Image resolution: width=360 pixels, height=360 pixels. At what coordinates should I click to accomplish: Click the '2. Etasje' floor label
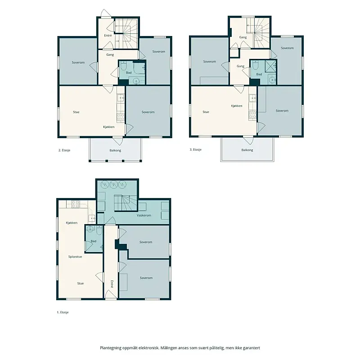(x=64, y=150)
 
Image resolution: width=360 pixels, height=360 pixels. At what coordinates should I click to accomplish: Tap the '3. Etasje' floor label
(x=196, y=150)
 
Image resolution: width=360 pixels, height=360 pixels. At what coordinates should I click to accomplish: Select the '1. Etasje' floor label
(x=63, y=312)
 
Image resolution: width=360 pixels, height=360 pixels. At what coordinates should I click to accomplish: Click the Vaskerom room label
(x=144, y=216)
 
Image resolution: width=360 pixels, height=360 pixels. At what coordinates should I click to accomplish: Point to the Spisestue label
(x=75, y=256)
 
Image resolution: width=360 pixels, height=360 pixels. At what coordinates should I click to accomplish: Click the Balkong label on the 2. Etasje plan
(x=115, y=151)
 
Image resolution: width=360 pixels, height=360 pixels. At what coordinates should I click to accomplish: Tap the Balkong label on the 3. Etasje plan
(x=247, y=150)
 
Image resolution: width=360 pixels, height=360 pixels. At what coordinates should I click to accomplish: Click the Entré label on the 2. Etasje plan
(x=108, y=36)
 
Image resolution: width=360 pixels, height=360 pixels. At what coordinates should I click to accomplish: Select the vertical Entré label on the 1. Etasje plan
(x=112, y=284)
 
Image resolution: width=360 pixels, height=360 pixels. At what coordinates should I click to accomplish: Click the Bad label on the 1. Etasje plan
(x=94, y=241)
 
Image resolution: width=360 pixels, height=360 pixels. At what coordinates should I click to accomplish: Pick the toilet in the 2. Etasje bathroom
(x=123, y=66)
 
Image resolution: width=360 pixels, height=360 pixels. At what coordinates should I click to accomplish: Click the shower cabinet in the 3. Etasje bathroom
(x=271, y=65)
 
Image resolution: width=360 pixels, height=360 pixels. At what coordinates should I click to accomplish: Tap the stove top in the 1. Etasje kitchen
(x=75, y=204)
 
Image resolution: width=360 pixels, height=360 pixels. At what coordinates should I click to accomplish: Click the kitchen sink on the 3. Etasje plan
(x=252, y=98)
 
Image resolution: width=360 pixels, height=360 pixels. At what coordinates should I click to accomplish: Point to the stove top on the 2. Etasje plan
(x=121, y=117)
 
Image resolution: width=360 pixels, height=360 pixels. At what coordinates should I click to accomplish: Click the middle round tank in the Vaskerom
(x=114, y=184)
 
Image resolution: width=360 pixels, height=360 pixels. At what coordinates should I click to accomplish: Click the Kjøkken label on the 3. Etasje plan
(x=237, y=106)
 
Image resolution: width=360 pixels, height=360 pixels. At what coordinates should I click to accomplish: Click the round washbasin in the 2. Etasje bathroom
(x=137, y=81)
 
